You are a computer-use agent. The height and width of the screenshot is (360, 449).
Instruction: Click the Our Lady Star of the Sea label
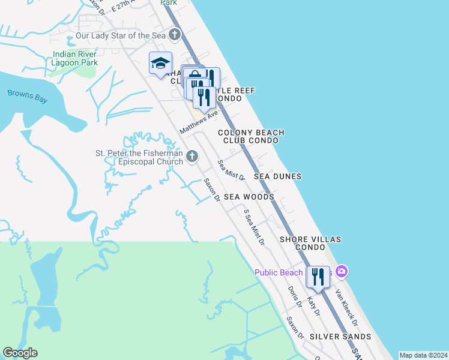(x=121, y=36)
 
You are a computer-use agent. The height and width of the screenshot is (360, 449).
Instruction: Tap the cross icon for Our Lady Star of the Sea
(x=174, y=35)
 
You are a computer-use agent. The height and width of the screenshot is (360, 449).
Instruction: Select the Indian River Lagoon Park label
(x=74, y=58)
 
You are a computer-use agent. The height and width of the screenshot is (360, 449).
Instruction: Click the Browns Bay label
(x=27, y=96)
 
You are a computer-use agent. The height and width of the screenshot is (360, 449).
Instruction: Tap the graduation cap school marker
(x=160, y=63)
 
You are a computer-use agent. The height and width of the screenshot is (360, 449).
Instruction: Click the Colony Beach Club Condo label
(x=251, y=136)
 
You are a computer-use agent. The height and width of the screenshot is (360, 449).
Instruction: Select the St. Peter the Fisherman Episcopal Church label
(x=139, y=157)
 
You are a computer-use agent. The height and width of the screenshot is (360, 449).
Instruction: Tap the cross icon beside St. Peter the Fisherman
(x=192, y=157)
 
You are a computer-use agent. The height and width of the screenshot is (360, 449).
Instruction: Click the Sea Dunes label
(x=277, y=176)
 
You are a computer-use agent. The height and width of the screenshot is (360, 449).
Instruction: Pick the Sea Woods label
(x=249, y=197)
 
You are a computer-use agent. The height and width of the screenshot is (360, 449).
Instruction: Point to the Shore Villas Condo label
(x=310, y=243)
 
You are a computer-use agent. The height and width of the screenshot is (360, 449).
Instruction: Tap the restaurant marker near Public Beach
(x=318, y=277)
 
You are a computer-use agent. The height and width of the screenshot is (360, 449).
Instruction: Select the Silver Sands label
(x=340, y=337)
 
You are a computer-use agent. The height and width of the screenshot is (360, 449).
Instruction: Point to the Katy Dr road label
(x=313, y=305)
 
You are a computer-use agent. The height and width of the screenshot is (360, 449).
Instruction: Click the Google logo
(x=20, y=353)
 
